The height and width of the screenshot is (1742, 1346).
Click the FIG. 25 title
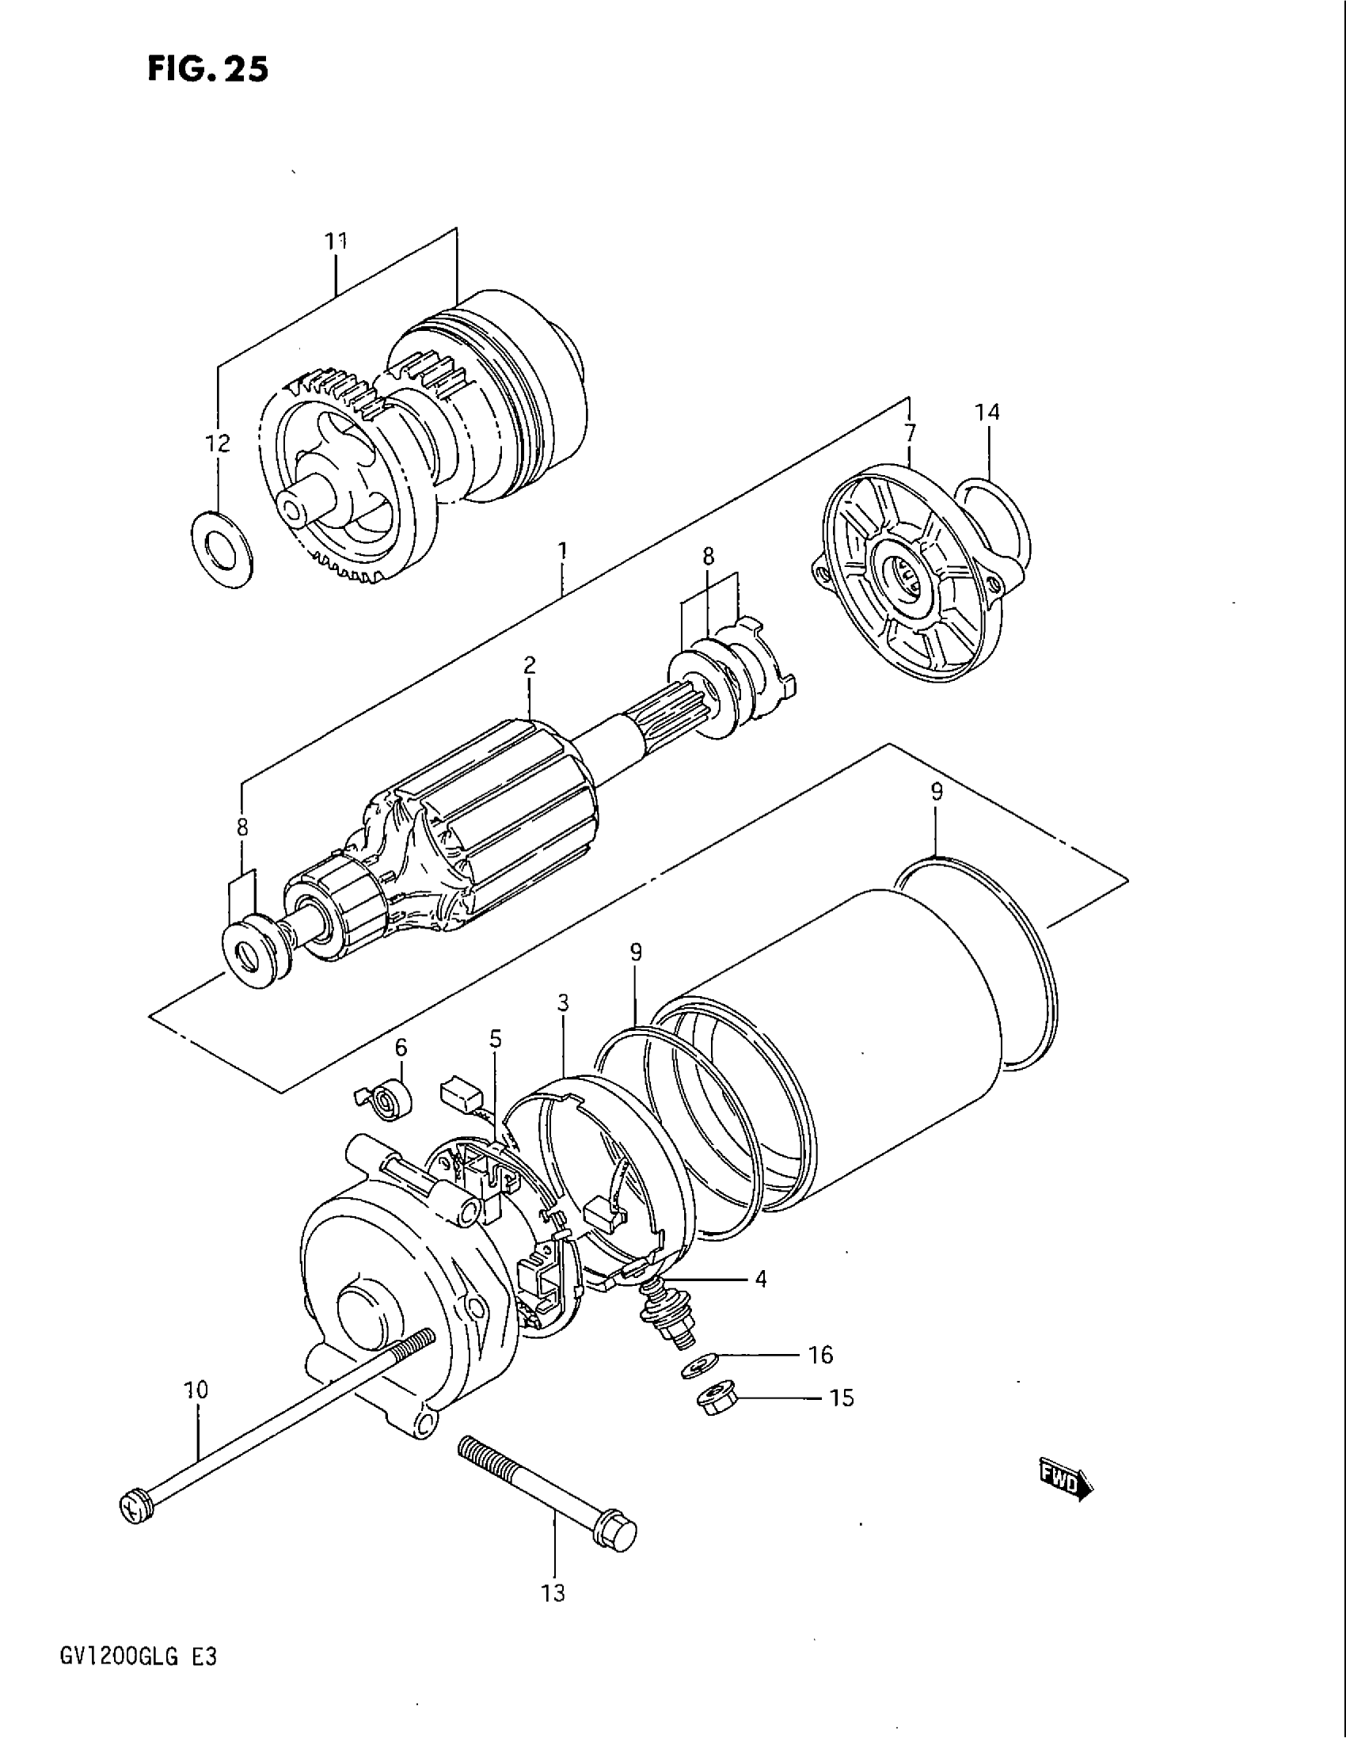pos(207,70)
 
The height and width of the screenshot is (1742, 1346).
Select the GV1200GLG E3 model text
pos(137,1656)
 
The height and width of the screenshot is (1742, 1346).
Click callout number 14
pos(987,413)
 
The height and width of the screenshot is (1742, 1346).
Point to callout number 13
pos(553,1593)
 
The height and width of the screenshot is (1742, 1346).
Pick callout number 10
pos(196,1390)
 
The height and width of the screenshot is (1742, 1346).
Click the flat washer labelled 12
pos(222,549)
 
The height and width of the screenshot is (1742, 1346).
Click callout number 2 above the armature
pos(530,665)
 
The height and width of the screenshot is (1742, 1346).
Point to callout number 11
pos(336,240)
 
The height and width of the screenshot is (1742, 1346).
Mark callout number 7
pos(910,433)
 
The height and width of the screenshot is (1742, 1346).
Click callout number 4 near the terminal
pos(760,1280)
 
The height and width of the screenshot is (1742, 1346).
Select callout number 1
pos(563,550)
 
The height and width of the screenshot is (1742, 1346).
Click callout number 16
pos(820,1354)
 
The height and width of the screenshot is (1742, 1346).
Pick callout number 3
pos(563,1002)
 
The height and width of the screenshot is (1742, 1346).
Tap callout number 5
pos(495,1038)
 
